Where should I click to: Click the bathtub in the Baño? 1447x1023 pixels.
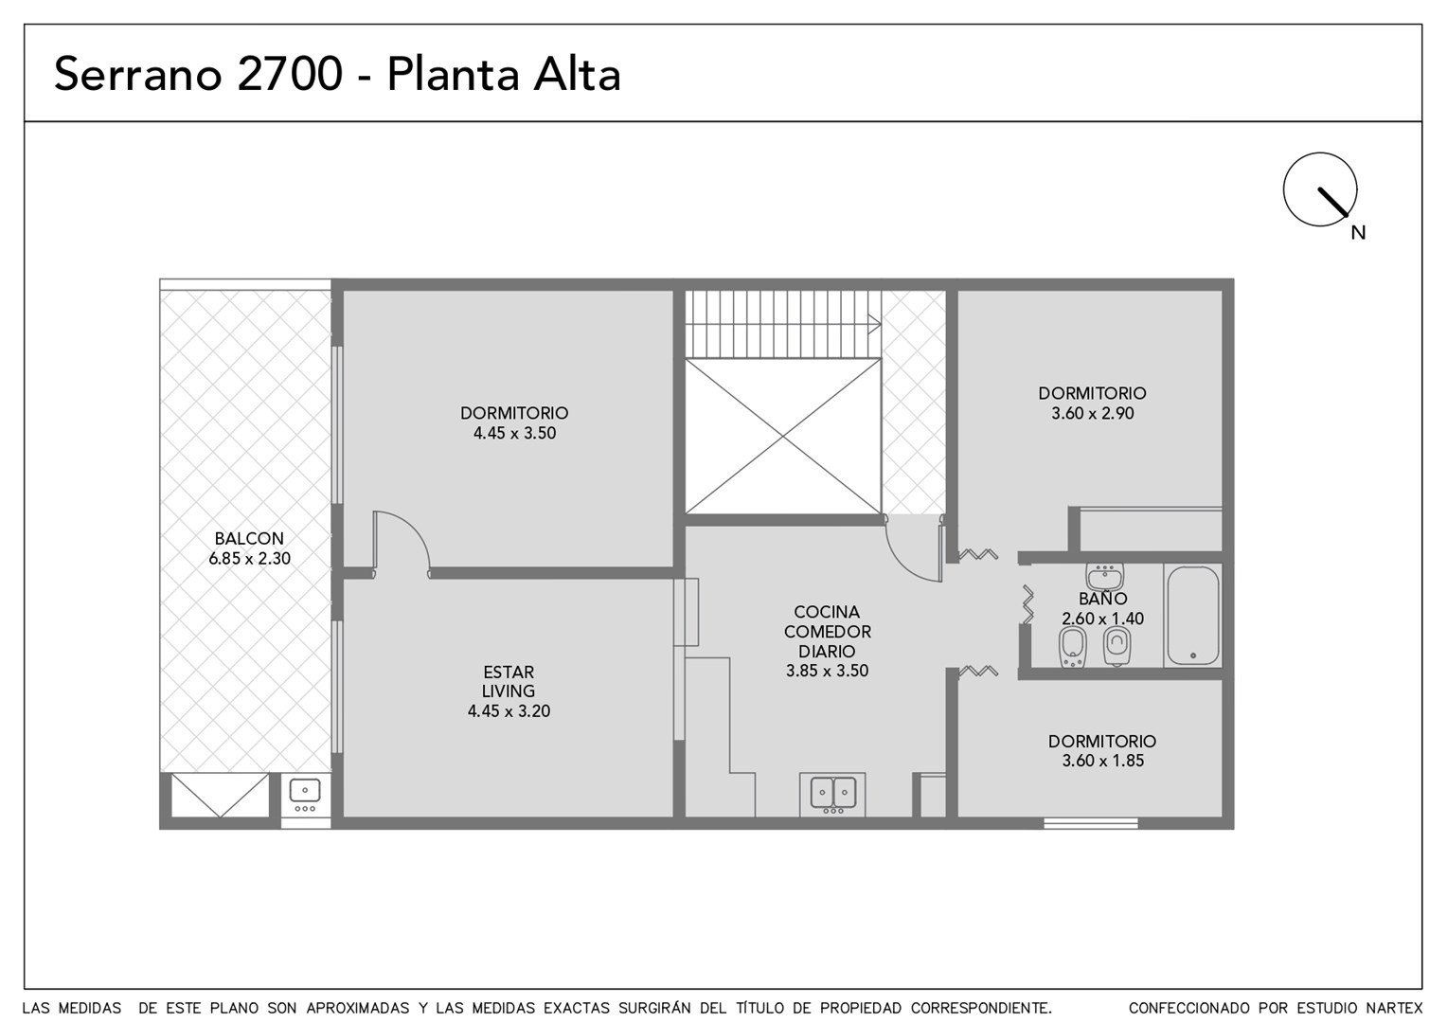coord(1192,616)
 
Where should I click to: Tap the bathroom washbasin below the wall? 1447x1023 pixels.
coord(1104,575)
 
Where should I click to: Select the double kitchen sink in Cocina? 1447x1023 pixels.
coord(832,794)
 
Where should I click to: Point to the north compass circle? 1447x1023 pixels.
coord(1320,189)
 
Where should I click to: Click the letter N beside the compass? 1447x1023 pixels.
coord(1358,233)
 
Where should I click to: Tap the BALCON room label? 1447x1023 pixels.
coord(249,538)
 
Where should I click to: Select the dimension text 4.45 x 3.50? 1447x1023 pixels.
coord(514,433)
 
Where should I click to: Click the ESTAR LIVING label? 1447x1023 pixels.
coord(509,681)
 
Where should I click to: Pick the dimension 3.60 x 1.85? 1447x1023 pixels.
coord(1102,761)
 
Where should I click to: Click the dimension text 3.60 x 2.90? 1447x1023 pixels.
coord(1093,413)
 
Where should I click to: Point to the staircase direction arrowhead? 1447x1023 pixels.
coord(875,324)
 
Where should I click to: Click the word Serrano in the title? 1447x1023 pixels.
coord(138,74)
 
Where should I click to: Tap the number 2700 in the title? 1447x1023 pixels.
coord(290,74)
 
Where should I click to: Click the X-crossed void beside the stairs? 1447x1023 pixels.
coord(783,437)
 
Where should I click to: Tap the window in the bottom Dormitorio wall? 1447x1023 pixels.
coord(1090,823)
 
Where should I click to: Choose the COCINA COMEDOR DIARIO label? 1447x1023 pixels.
coord(827,632)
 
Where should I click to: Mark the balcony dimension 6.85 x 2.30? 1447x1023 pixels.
coord(249,558)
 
